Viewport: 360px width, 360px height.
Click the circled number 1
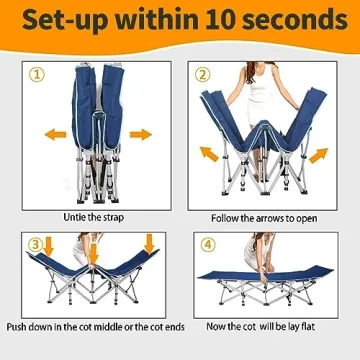(37, 75)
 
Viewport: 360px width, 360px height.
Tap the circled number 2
(203, 75)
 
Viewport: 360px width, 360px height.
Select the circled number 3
(35, 245)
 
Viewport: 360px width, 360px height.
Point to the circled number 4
(208, 245)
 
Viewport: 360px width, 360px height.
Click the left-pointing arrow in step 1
(55, 135)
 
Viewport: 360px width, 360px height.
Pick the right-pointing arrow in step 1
(141, 135)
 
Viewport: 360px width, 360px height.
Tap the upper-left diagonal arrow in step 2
(209, 154)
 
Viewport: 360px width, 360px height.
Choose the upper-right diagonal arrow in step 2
(318, 156)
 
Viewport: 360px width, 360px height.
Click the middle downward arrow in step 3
(94, 254)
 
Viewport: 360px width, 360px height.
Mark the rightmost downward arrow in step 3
(149, 244)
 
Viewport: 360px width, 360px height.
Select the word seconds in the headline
(295, 20)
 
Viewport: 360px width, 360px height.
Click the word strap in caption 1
(112, 218)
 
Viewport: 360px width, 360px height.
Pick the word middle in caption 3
(108, 327)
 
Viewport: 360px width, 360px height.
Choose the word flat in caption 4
(307, 326)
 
